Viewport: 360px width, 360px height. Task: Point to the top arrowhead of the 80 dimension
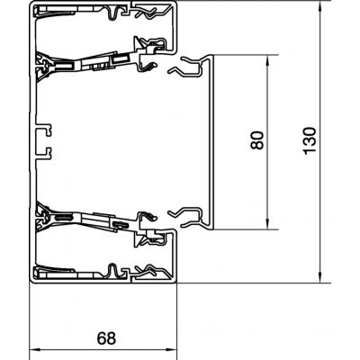[x=268, y=62]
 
